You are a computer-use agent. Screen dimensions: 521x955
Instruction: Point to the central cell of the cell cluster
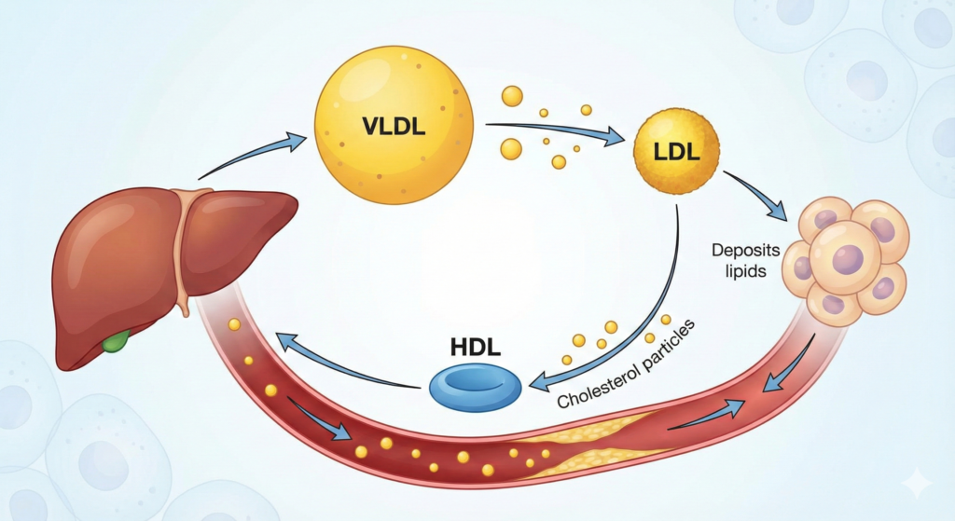click(x=844, y=256)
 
